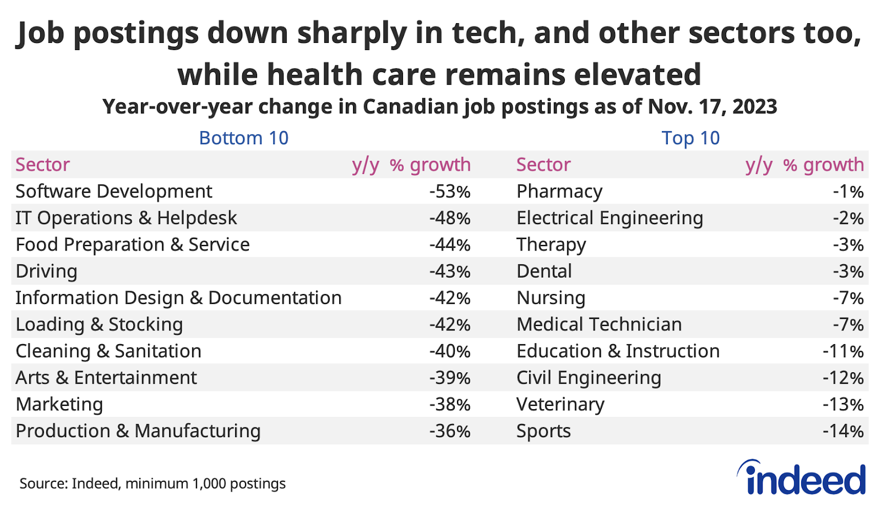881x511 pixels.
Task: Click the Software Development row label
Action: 113,191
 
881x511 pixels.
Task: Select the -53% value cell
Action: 450,192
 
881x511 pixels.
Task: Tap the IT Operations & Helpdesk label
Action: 126,218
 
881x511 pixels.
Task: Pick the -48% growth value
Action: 450,218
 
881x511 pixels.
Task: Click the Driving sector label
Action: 46,271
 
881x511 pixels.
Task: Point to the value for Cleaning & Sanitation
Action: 450,351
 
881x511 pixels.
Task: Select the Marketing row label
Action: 59,405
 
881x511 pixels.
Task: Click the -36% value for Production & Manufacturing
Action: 450,431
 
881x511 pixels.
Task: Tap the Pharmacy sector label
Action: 559,192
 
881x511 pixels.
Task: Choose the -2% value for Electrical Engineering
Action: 848,218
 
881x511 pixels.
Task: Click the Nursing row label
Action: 551,298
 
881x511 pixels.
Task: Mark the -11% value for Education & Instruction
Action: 843,351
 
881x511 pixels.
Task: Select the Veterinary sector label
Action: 560,405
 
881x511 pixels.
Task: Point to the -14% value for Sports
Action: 843,431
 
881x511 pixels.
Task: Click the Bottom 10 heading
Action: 243,138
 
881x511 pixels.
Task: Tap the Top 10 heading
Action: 690,138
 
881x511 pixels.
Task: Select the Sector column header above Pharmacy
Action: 543,165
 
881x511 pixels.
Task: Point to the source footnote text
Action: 153,483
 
